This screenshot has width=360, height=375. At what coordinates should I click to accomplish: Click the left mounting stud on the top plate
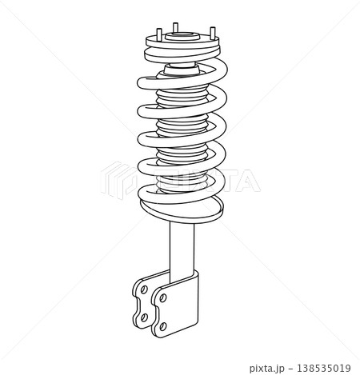[154, 36]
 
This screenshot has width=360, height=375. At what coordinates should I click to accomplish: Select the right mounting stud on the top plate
[213, 35]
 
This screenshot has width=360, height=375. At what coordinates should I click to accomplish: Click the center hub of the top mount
[183, 35]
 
